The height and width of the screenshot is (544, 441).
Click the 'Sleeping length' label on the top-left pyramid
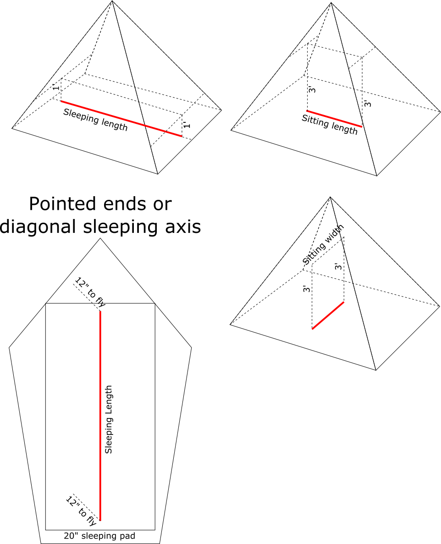pyautogui.click(x=95, y=120)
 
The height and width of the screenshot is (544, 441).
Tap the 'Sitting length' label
pyautogui.click(x=329, y=125)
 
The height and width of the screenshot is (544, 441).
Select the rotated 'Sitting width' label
pyautogui.click(x=323, y=244)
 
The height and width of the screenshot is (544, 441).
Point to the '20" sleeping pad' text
pyautogui.click(x=99, y=536)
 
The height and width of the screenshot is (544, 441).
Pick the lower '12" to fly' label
pyautogui.click(x=81, y=511)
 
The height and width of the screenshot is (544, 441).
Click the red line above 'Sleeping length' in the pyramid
pyautogui.click(x=121, y=119)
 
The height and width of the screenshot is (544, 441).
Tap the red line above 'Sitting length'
pyautogui.click(x=335, y=119)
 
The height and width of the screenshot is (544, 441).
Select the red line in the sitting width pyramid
pyautogui.click(x=328, y=315)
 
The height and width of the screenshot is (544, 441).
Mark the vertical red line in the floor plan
pyautogui.click(x=100, y=416)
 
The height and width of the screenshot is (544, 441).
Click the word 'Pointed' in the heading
pyautogui.click(x=63, y=203)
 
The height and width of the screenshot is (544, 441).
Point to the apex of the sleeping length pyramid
pyautogui.click(x=112, y=1)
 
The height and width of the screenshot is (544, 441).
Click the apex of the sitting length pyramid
pyautogui.click(x=331, y=3)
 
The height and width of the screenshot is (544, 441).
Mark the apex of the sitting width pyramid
pyautogui.click(x=331, y=197)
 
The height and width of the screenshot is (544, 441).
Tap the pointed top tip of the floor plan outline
pyautogui.click(x=100, y=238)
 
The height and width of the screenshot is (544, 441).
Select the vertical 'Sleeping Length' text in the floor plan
pyautogui.click(x=109, y=419)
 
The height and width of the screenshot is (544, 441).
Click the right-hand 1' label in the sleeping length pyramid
pyautogui.click(x=187, y=125)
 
